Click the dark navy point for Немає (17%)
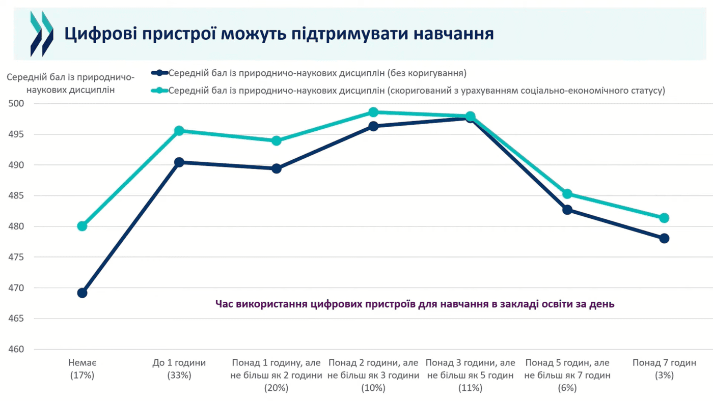82,293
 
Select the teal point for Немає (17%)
82,226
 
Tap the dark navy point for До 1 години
179,162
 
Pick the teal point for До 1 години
179,131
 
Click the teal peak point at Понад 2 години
373,112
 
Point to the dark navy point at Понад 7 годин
664,238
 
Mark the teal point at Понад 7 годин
664,218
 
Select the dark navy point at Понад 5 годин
567,210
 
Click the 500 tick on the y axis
16,103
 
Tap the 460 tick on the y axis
16,349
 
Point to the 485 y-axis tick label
16,195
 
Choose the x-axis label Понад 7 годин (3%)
664,369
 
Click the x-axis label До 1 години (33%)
179,369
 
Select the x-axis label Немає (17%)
82,369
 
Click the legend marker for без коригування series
160,73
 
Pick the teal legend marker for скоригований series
160,91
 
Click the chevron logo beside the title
42,34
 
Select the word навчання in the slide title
454,34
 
